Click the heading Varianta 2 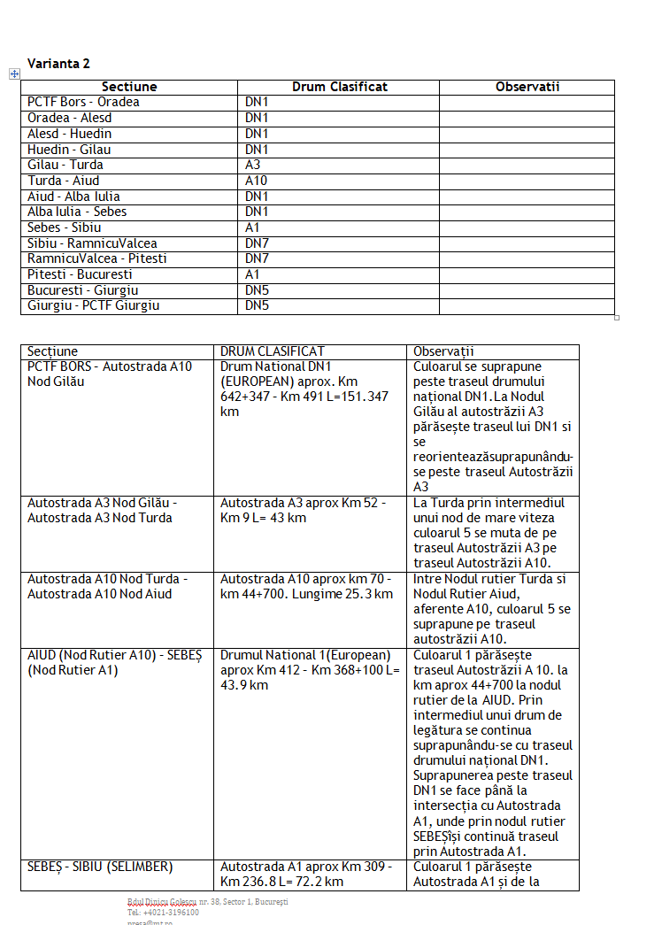[58, 64]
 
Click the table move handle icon [14, 74]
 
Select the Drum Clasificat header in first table [339, 87]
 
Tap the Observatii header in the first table [527, 87]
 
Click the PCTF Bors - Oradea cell [83, 102]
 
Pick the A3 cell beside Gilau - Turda [253, 165]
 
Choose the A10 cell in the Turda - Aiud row [256, 181]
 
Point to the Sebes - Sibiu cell [65, 227]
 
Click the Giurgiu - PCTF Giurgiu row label [94, 306]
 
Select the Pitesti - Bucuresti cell [80, 274]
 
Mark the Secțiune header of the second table [52, 351]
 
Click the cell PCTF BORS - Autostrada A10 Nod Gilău [110, 374]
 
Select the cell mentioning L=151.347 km [304, 389]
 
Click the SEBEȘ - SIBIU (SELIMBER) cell [100, 867]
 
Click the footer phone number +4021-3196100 [163, 913]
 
